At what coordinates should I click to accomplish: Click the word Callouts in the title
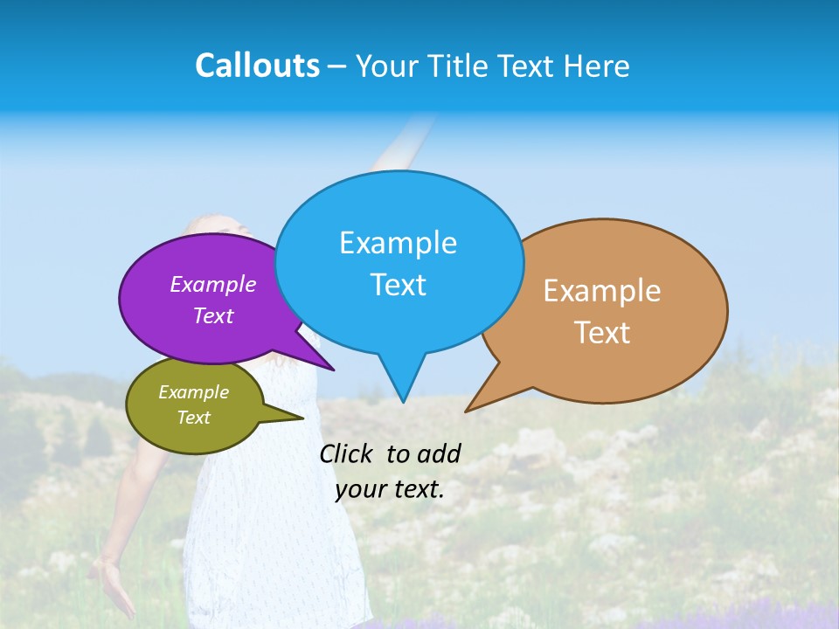(x=257, y=66)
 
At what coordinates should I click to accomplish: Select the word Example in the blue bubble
(x=398, y=243)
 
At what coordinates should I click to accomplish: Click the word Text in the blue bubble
(x=398, y=285)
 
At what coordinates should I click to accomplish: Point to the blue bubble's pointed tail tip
(x=403, y=401)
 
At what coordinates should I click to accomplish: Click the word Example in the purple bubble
(x=213, y=284)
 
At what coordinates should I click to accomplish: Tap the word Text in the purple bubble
(x=213, y=315)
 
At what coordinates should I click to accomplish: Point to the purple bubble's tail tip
(x=333, y=370)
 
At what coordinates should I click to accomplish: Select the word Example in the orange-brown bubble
(x=602, y=291)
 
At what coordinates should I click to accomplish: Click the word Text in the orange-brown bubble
(x=602, y=333)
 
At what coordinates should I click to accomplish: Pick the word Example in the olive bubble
(x=193, y=392)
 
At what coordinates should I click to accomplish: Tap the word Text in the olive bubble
(x=193, y=418)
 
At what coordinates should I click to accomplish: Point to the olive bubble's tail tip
(x=302, y=418)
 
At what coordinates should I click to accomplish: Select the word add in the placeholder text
(x=439, y=453)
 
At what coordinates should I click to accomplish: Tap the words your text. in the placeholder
(x=390, y=489)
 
